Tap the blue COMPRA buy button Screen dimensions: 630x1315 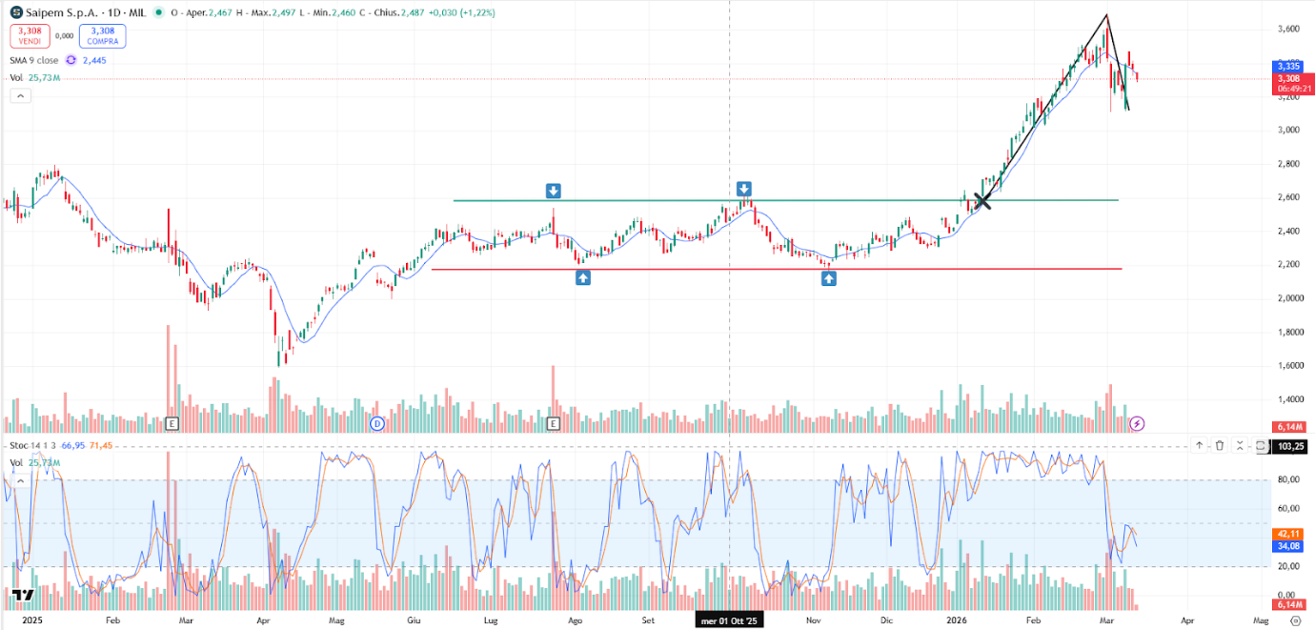click(x=103, y=35)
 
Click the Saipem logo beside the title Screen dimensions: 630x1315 click(x=17, y=13)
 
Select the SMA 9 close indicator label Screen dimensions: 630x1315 click(x=33, y=60)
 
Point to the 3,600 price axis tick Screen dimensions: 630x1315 click(x=1288, y=30)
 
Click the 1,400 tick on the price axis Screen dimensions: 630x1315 click(x=1288, y=399)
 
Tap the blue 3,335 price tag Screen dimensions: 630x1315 click(x=1288, y=66)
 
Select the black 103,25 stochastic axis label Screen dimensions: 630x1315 click(x=1288, y=446)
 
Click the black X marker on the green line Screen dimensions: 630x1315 click(x=981, y=200)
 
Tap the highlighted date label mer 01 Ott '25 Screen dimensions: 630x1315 click(x=730, y=620)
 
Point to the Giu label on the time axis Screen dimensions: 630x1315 click(x=414, y=620)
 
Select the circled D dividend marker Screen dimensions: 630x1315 click(x=376, y=422)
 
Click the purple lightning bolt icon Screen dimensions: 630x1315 click(x=1137, y=422)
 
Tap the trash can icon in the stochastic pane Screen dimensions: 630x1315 click(x=1220, y=445)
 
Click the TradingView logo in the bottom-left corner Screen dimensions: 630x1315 click(x=24, y=596)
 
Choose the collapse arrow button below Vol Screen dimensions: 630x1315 click(x=19, y=95)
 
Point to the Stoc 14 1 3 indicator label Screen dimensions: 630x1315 click(x=32, y=445)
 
